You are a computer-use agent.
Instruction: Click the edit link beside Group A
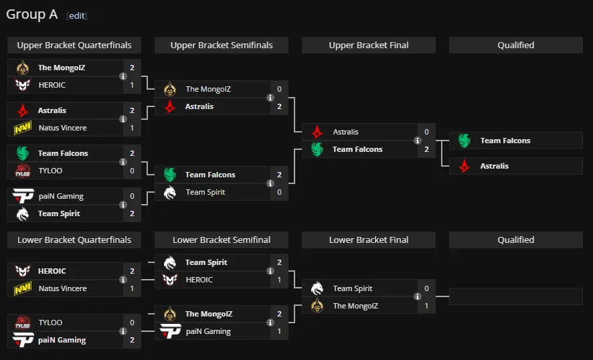tap(77, 15)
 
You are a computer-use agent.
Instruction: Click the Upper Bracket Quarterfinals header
tap(74, 45)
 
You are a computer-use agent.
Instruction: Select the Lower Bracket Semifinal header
tap(222, 240)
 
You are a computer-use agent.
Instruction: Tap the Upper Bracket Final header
tap(369, 45)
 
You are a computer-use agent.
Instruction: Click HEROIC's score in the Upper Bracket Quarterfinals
tap(132, 85)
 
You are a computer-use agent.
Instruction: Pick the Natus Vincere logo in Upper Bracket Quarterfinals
tap(23, 128)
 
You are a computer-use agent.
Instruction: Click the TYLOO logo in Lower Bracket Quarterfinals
tap(23, 323)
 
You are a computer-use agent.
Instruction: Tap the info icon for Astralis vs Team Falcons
tap(418, 141)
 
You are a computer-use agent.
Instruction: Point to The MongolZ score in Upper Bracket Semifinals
tap(280, 89)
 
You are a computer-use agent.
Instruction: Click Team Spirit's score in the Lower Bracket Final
tap(426, 288)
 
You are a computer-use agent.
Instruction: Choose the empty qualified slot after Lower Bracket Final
tap(516, 296)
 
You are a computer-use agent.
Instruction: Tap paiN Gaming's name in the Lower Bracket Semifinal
tap(208, 331)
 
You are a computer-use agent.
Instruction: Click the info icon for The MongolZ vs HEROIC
tap(123, 76)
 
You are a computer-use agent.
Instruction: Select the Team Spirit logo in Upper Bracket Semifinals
tap(170, 192)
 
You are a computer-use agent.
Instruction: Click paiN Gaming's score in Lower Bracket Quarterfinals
tap(132, 340)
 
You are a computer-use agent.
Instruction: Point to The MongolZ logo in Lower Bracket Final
tap(317, 306)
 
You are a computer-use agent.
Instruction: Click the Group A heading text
tap(31, 14)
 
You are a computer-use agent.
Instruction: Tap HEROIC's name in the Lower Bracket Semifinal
tap(199, 280)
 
